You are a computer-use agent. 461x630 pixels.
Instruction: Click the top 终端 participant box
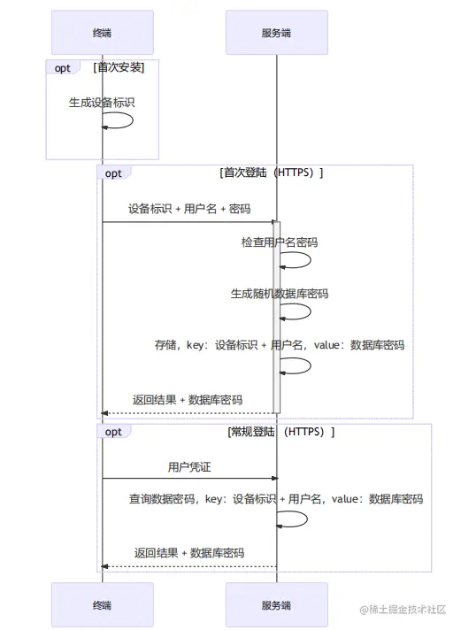pyautogui.click(x=102, y=33)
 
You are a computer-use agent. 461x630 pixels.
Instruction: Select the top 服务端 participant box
pyautogui.click(x=276, y=33)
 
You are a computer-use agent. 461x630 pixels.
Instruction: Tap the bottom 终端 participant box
pyautogui.click(x=102, y=605)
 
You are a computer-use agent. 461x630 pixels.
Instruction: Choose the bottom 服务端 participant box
pyautogui.click(x=276, y=605)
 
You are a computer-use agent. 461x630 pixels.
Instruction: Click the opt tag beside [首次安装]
pyautogui.click(x=63, y=67)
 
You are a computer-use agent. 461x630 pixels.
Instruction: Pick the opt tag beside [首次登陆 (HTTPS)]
pyautogui.click(x=114, y=173)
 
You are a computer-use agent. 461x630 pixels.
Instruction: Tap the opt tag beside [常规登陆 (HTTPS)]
pyautogui.click(x=114, y=432)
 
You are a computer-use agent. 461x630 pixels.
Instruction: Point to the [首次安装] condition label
pyautogui.click(x=119, y=67)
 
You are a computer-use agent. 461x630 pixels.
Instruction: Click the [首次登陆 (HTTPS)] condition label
pyautogui.click(x=271, y=173)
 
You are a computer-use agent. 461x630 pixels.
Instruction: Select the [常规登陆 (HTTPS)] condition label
pyautogui.click(x=281, y=432)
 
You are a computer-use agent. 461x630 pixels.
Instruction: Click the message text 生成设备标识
pyautogui.click(x=102, y=103)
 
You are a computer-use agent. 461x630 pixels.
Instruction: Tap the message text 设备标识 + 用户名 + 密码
pyautogui.click(x=188, y=210)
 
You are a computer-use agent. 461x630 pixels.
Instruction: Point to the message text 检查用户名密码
pyautogui.click(x=280, y=242)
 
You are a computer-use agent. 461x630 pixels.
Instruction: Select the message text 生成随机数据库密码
pyautogui.click(x=280, y=294)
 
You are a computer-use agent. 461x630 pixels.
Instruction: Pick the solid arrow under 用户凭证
pyautogui.click(x=188, y=479)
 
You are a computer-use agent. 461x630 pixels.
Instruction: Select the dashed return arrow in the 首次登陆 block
pyautogui.click(x=188, y=413)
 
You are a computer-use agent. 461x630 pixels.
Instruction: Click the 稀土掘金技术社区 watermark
pyautogui.click(x=402, y=610)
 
